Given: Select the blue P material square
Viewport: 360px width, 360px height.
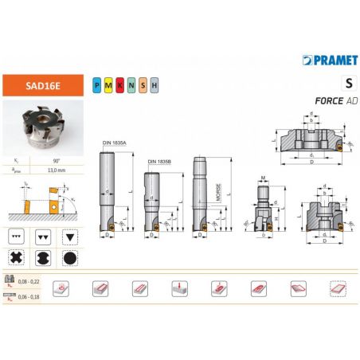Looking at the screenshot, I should [x=96, y=83].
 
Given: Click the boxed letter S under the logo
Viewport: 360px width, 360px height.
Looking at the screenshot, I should [x=347, y=83].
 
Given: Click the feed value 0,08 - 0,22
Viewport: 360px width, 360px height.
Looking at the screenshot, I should [x=26, y=283].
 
